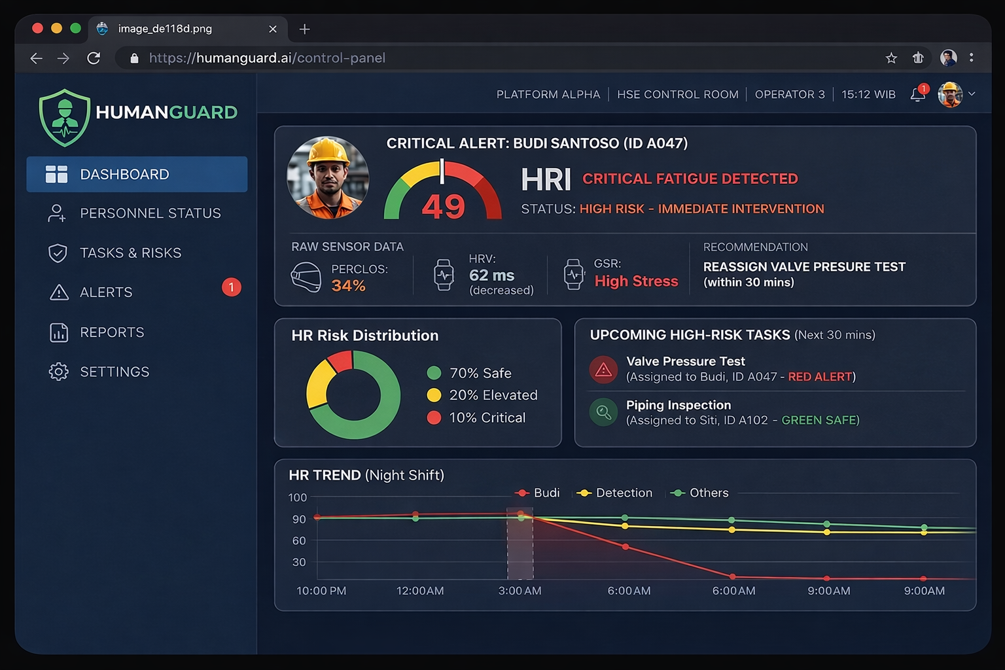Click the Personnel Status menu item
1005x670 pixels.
point(150,213)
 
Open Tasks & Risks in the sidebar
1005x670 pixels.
point(130,253)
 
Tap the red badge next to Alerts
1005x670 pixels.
point(231,287)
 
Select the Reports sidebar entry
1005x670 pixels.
point(112,332)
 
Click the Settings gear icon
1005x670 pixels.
point(58,372)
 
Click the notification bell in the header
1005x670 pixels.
point(917,95)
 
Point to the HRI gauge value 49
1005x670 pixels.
point(443,207)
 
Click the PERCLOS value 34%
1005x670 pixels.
point(348,286)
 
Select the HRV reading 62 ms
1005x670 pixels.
point(491,275)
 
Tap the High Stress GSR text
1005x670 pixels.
point(636,281)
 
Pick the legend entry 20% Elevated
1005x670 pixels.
point(493,395)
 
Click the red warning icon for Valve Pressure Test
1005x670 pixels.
point(603,370)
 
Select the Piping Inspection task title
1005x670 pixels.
point(679,405)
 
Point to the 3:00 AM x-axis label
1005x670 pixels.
point(520,591)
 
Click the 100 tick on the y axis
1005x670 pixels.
point(298,497)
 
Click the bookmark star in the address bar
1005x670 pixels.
point(891,58)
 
